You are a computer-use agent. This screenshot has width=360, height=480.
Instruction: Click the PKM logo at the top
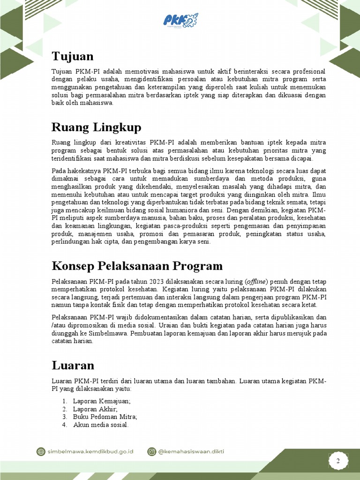click(x=180, y=20)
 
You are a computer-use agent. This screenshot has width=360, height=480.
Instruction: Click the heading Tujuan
click(x=73, y=56)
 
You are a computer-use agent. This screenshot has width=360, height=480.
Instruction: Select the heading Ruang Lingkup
click(x=96, y=127)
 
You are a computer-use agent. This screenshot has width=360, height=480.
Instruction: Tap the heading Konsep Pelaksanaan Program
click(x=137, y=266)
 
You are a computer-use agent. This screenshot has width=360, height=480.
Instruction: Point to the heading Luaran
click(x=73, y=365)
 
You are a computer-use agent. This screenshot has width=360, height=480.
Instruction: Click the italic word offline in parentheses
click(x=255, y=282)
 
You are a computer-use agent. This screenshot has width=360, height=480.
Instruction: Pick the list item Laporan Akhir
click(x=95, y=409)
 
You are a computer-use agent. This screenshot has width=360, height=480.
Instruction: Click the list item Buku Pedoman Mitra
click(x=105, y=417)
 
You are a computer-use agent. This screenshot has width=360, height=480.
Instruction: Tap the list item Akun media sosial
click(x=101, y=425)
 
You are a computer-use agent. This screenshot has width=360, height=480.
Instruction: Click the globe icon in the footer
click(x=41, y=451)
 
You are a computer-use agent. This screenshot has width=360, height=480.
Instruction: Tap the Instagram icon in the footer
click(x=152, y=451)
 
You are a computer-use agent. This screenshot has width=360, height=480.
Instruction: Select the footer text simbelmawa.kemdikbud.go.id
click(x=90, y=451)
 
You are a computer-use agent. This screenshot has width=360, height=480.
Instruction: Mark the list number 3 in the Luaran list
click(x=64, y=417)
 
